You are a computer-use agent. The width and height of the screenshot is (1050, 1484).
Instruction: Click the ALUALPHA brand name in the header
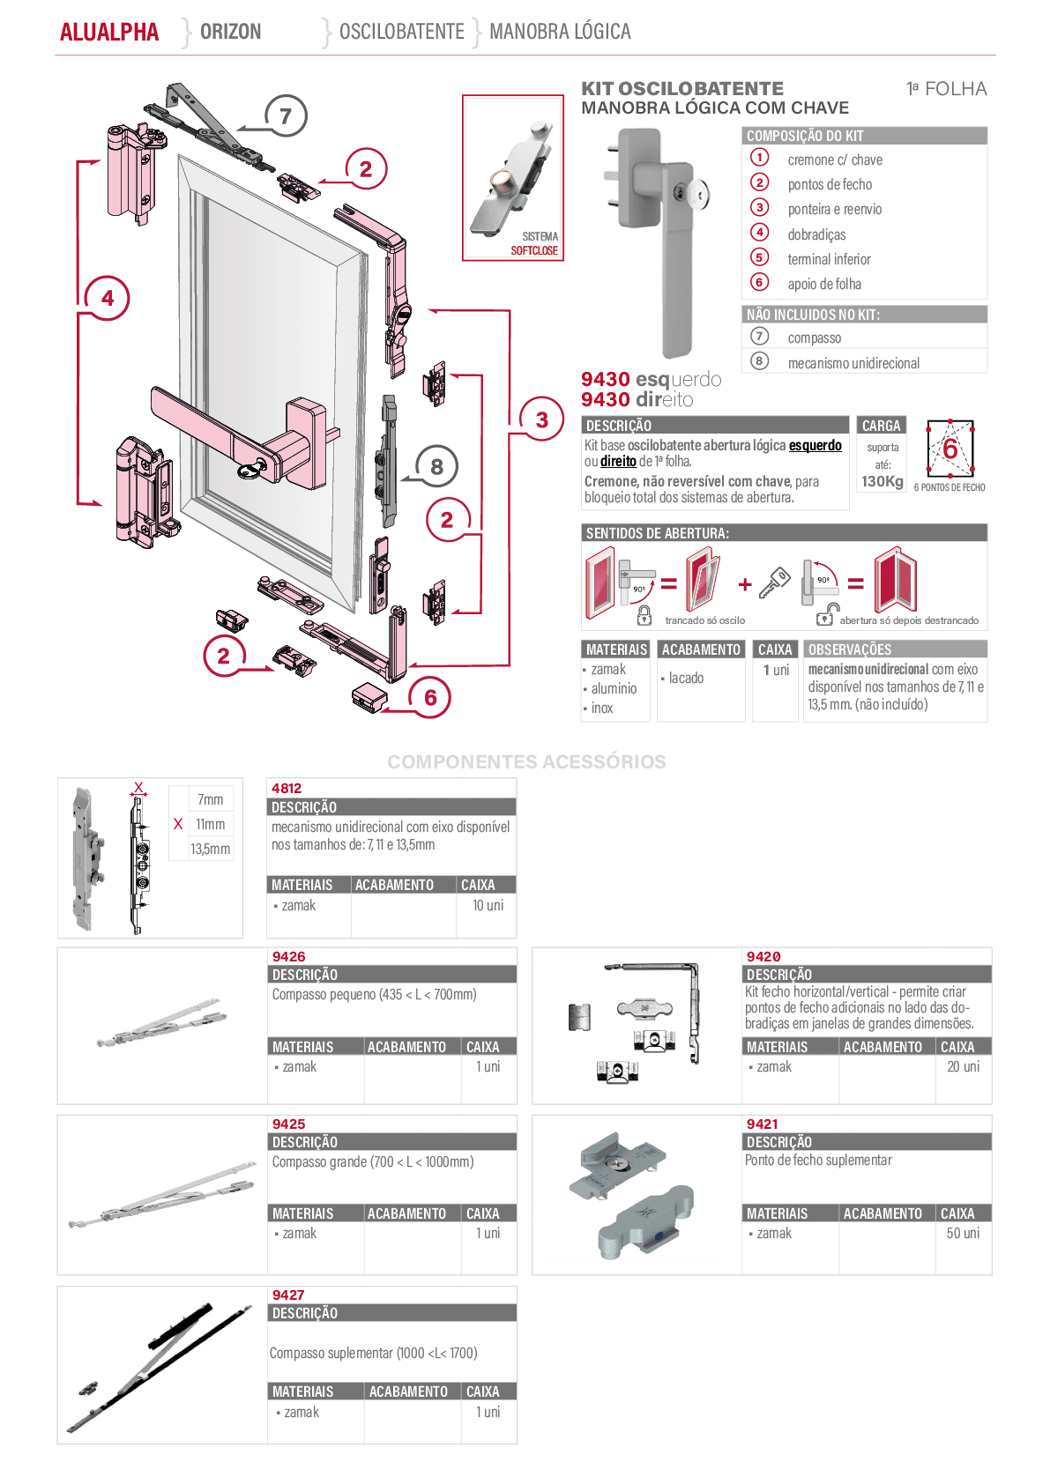[109, 32]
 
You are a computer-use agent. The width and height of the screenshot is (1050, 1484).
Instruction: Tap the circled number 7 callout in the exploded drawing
[286, 116]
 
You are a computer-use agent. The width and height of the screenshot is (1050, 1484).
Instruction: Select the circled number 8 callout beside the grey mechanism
[436, 466]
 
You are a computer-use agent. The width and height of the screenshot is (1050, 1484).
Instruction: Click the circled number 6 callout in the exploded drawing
[430, 697]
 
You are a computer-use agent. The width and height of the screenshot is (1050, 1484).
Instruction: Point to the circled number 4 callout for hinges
[108, 298]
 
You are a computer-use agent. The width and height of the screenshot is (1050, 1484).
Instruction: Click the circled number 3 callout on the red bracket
[541, 419]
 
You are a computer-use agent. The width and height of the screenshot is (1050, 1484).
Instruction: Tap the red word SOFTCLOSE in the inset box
[534, 250]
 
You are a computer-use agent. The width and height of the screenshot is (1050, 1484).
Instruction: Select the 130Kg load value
[882, 482]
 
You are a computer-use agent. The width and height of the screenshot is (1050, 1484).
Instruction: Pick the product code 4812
[287, 789]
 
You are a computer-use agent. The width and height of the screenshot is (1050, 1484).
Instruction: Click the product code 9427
[288, 1295]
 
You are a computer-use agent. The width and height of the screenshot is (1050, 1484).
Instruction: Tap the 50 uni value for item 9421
[963, 1233]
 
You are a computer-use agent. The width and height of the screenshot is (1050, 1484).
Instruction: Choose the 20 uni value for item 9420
[964, 1066]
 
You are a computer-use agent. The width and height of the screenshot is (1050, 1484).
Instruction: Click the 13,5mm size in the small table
[210, 849]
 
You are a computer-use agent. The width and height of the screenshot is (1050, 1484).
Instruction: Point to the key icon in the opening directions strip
[774, 583]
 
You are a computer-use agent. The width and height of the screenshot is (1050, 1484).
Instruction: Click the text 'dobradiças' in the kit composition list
[816, 234]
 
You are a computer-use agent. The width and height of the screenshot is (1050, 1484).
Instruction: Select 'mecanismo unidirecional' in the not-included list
[853, 363]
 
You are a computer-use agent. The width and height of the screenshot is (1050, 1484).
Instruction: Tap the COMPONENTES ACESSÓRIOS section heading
[527, 762]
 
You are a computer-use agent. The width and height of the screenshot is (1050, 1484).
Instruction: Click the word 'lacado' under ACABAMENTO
[687, 678]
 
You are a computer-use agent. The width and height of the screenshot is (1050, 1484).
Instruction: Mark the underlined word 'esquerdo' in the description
[815, 445]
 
